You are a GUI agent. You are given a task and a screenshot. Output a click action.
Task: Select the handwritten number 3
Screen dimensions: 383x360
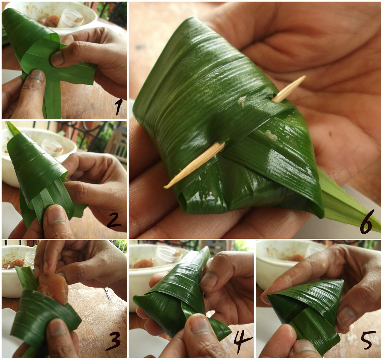pyautogui.click(x=113, y=341)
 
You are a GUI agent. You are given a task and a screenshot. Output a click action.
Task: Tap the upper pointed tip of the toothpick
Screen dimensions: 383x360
pyautogui.click(x=305, y=76)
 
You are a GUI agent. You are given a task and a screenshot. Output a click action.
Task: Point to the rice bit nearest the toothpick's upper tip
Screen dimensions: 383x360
pyautogui.click(x=242, y=101)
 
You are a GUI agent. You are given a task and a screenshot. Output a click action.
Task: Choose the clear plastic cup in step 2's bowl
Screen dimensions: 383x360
pyautogui.click(x=52, y=147)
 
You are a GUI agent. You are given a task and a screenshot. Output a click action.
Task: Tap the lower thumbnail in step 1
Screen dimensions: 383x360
pyautogui.click(x=37, y=75)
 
